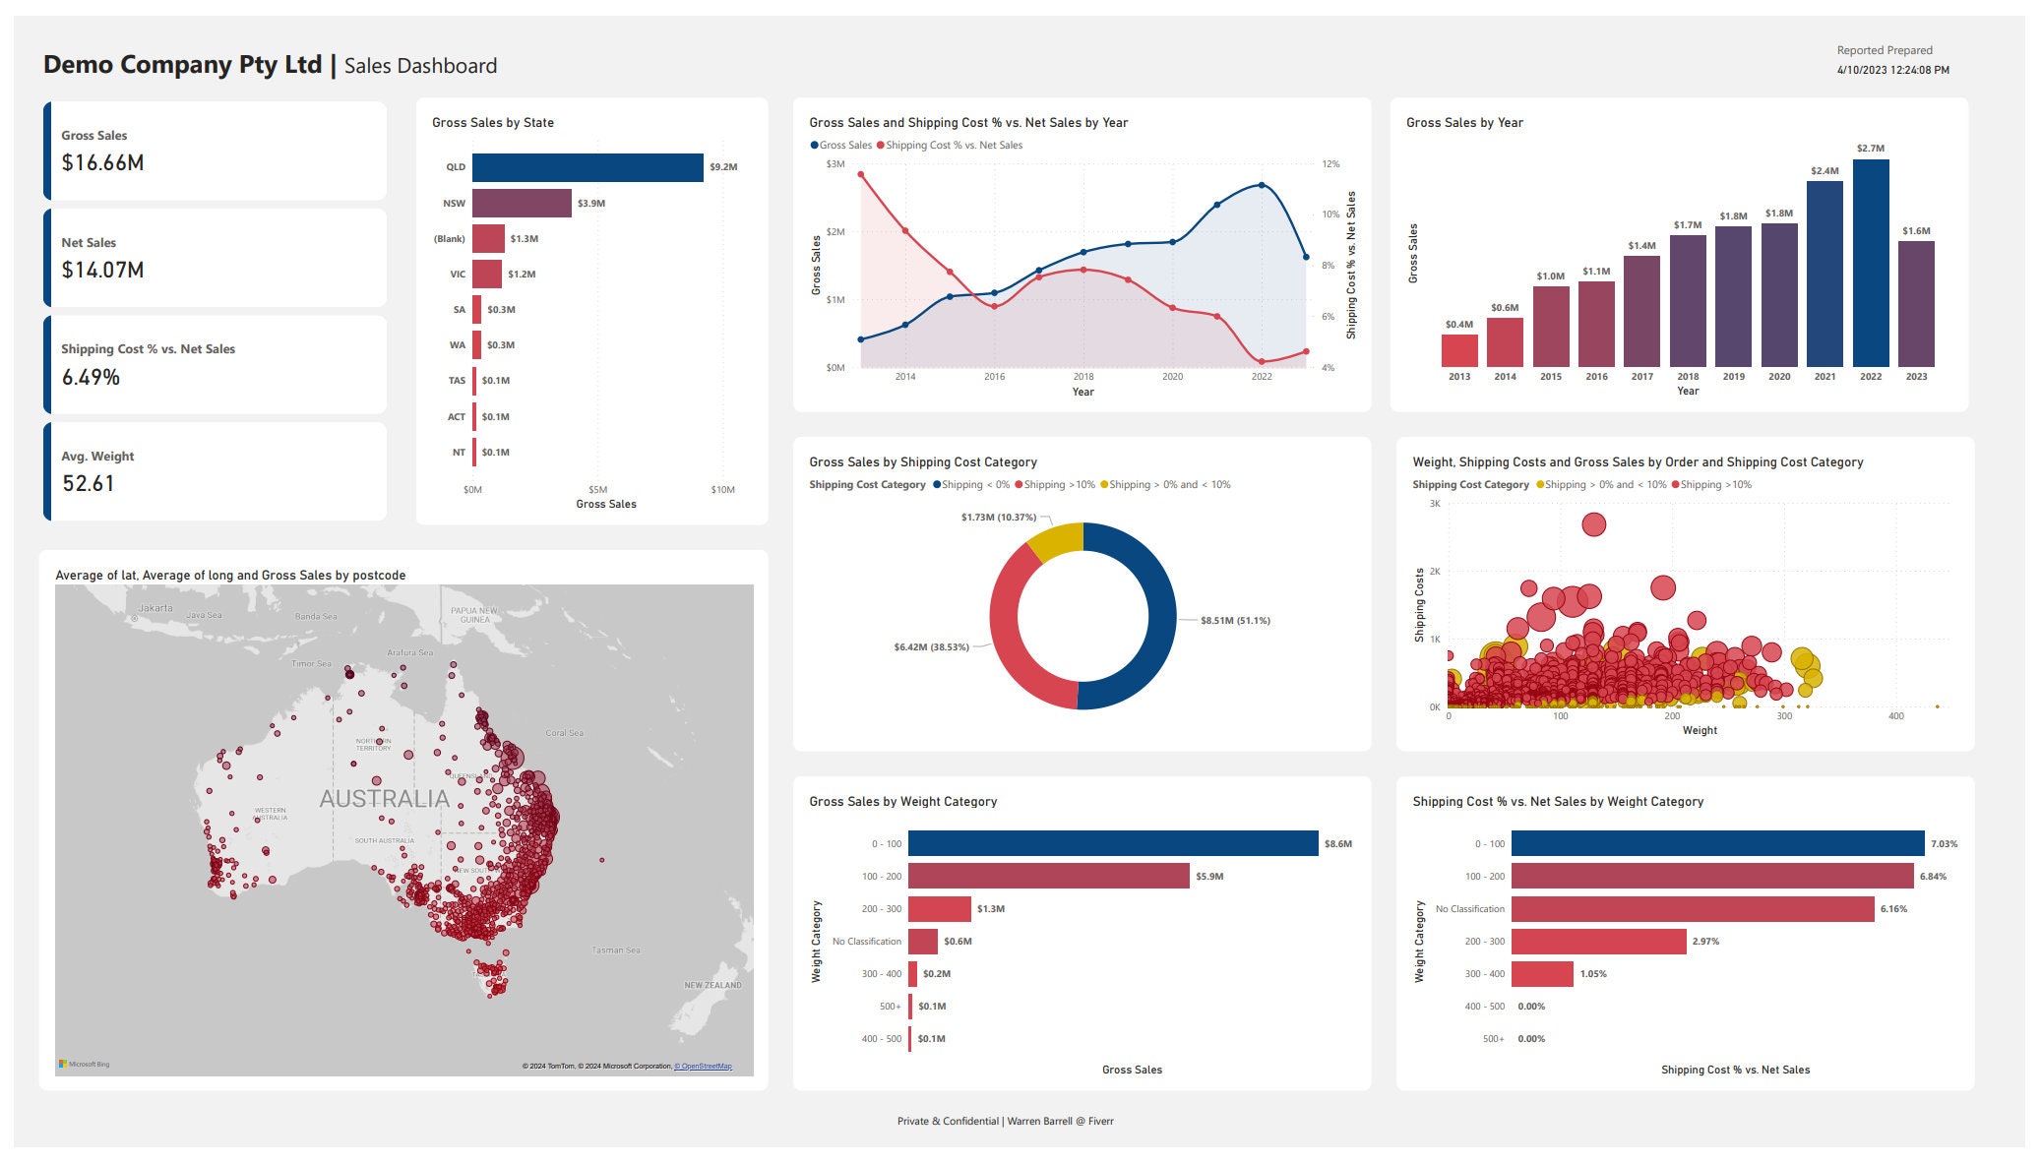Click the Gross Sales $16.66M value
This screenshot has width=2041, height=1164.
tap(102, 163)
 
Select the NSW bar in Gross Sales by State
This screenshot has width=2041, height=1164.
tap(522, 204)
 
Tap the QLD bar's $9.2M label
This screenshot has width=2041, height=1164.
tap(723, 167)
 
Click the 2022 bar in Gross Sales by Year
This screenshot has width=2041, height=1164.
tap(1870, 264)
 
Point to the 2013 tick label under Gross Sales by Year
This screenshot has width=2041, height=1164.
tap(1459, 377)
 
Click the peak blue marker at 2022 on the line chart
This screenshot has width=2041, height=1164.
tap(1262, 185)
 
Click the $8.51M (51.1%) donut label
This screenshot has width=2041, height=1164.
tap(1235, 621)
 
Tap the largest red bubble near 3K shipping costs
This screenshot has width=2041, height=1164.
tap(1593, 524)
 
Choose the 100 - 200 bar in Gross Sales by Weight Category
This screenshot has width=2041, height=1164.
tap(1048, 877)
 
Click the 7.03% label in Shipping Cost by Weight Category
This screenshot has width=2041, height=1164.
tap(1944, 844)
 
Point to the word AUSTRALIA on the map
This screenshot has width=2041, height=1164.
tap(384, 799)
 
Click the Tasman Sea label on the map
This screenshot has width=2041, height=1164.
tap(616, 950)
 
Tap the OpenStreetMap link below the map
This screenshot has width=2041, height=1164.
tap(703, 1067)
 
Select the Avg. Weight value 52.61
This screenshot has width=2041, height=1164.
tap(89, 484)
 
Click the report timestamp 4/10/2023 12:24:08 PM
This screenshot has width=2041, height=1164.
tap(1892, 71)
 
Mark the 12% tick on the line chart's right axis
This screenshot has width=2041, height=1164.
tap(1330, 164)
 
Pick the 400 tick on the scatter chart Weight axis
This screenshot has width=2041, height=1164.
tap(1895, 716)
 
